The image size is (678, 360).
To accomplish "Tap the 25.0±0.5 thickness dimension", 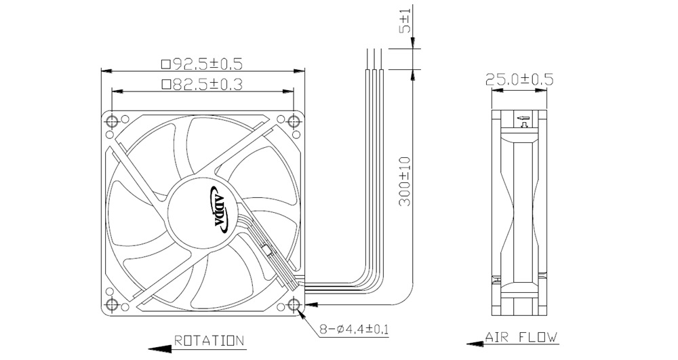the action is (x=520, y=79).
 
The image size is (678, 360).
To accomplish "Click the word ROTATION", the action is (x=210, y=340).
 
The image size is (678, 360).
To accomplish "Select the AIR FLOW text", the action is (x=521, y=337).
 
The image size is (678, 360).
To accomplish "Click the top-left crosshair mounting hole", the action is (x=112, y=121).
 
